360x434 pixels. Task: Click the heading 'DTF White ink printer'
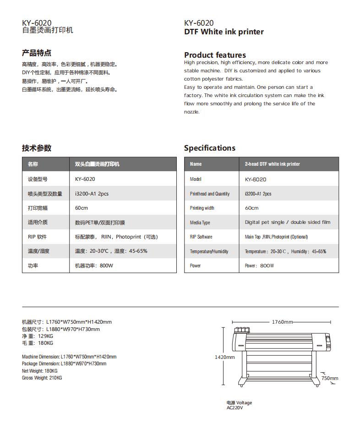[224, 32]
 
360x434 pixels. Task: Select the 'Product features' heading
[215, 55]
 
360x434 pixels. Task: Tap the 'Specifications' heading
[209, 148]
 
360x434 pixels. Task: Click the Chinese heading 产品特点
[37, 53]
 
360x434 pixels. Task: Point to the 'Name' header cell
[196, 164]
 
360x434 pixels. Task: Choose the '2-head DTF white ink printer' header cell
[273, 164]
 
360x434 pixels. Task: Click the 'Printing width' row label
[202, 208]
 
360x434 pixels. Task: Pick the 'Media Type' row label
[200, 222]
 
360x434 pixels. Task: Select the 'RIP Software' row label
[201, 237]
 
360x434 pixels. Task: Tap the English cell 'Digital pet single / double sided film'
[287, 222]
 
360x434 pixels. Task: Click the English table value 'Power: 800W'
[259, 266]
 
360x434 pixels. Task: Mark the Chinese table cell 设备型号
[37, 179]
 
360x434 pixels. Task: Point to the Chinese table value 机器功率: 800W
[94, 266]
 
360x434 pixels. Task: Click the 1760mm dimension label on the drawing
[282, 322]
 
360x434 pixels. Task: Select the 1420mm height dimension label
[224, 357]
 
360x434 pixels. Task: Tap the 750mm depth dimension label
[329, 378]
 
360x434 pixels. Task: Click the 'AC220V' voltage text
[235, 407]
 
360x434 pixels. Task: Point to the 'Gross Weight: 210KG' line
[42, 378]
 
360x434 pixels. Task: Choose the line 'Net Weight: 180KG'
[40, 371]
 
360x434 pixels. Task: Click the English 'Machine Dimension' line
[69, 357]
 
